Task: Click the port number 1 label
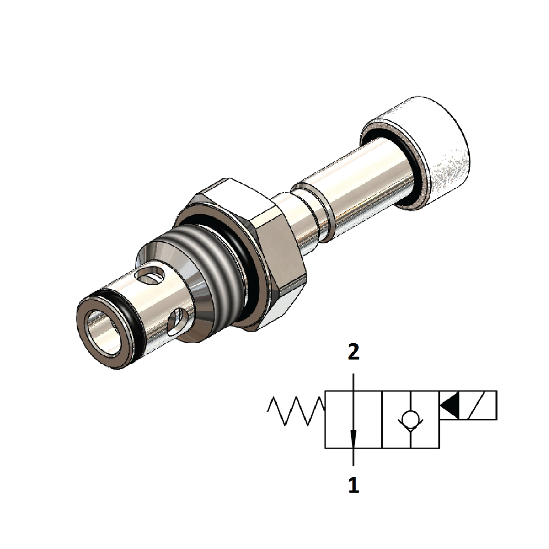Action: click(x=353, y=486)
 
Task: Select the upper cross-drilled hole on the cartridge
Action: click(x=151, y=278)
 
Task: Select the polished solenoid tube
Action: click(x=367, y=186)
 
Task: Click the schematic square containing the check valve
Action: click(x=410, y=419)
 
